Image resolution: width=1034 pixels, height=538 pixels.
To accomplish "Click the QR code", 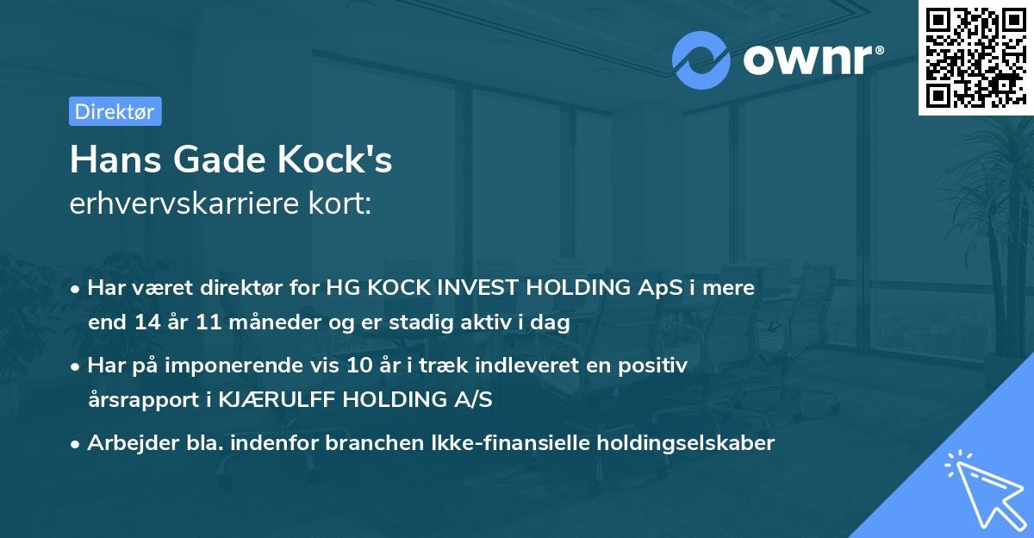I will click(x=975, y=58).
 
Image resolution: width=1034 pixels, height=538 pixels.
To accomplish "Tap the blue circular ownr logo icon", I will click(x=702, y=59).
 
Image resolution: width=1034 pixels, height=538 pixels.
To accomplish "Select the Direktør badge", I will click(x=115, y=111).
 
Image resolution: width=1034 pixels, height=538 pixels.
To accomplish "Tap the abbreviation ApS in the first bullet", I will click(x=661, y=288).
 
